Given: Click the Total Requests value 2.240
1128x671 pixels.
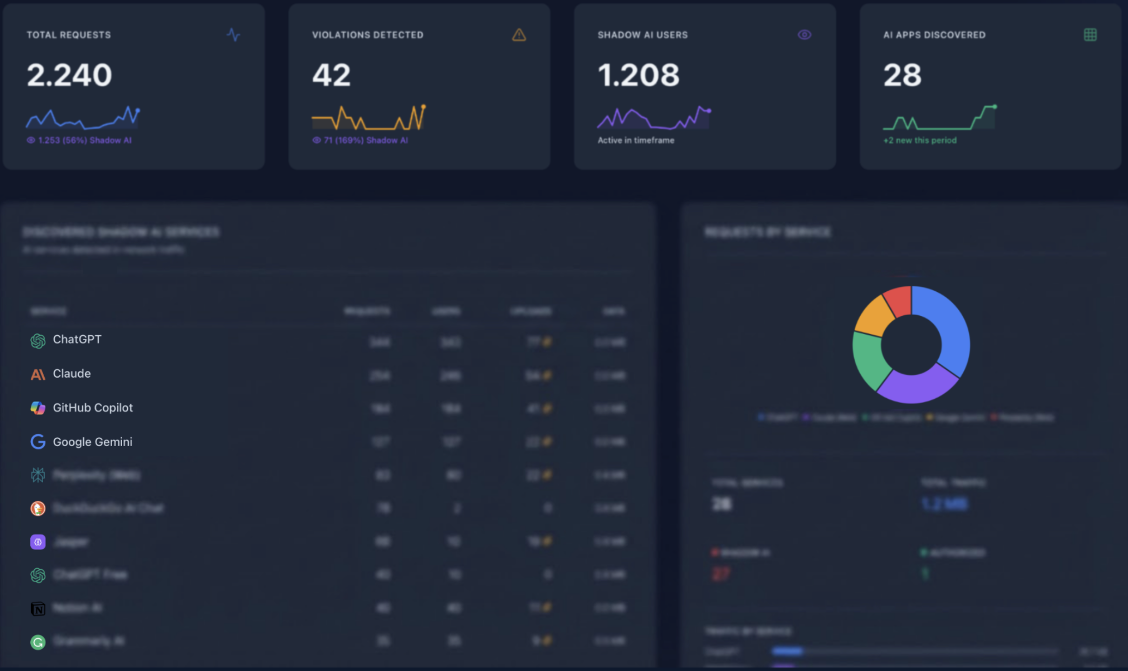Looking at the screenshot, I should coord(69,75).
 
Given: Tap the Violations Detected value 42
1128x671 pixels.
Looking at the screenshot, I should coord(331,75).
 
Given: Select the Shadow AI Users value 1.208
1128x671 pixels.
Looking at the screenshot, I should coord(638,75).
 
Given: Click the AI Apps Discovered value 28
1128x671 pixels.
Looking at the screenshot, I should coord(902,75).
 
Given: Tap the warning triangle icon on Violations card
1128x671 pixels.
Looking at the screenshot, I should coord(519,35).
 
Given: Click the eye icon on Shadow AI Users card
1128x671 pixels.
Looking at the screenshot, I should coord(804,35).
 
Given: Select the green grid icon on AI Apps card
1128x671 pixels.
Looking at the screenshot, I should coord(1090,35).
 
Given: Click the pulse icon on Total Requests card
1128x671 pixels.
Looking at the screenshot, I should coord(233,35).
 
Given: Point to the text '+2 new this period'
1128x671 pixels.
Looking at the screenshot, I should coord(920,140).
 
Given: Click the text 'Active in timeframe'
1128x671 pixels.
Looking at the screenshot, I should coord(635,140).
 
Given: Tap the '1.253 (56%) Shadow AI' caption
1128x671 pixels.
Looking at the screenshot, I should coord(79,140).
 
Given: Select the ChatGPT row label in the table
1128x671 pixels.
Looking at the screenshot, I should coord(77,339).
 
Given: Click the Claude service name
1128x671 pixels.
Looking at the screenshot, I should coord(71,374).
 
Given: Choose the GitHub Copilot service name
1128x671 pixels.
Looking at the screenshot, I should coord(93,408).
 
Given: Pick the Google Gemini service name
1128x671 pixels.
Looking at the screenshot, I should coord(92,442).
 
